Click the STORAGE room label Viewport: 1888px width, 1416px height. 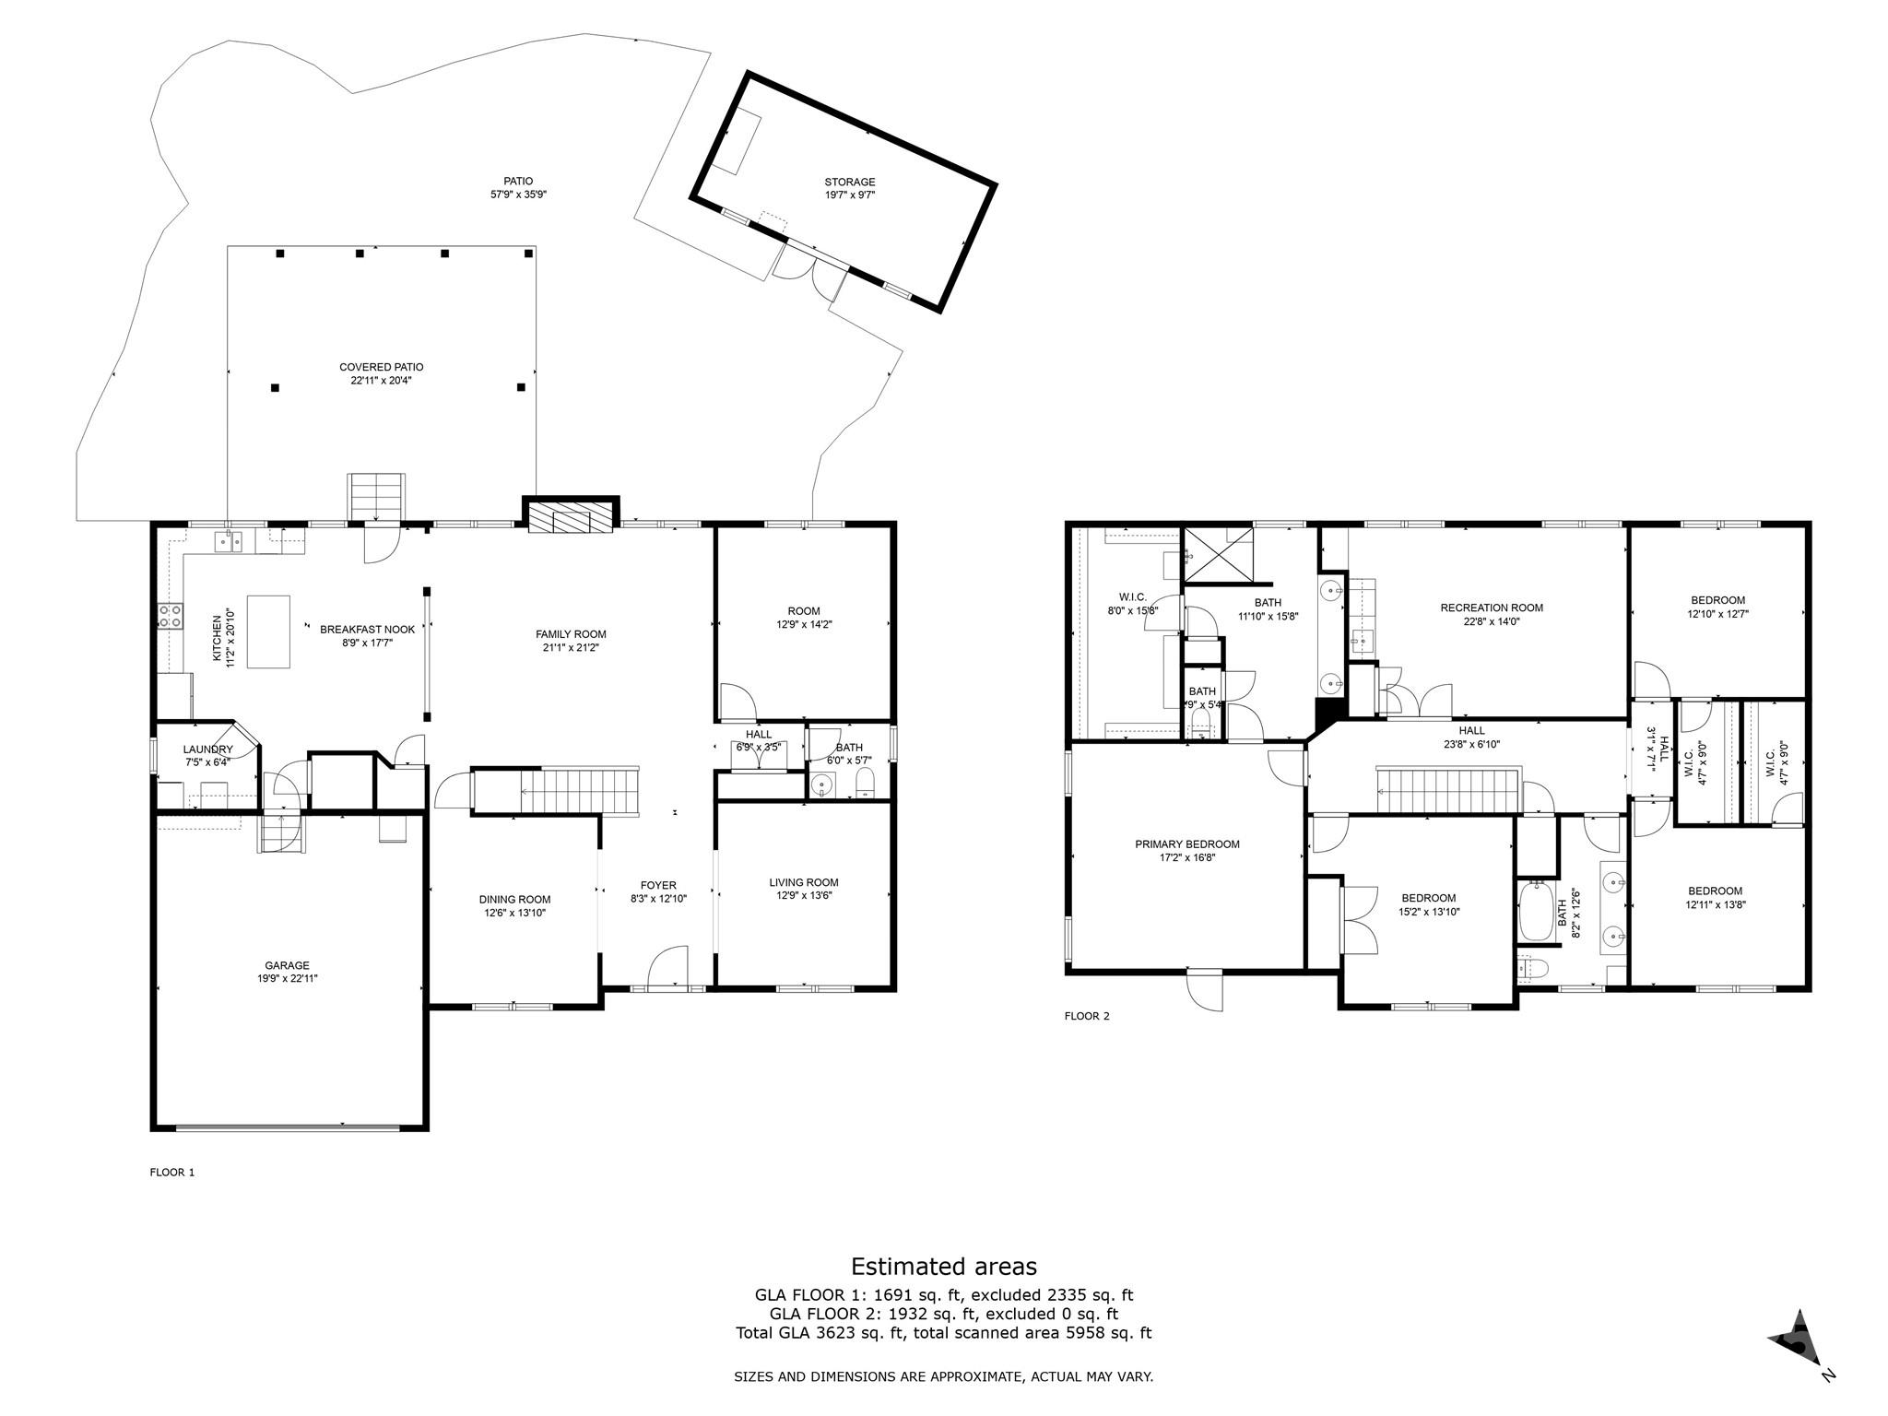849,183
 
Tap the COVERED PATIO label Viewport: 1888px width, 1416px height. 381,367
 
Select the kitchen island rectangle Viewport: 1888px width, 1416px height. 268,631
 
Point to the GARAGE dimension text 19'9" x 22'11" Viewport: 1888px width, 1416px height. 288,978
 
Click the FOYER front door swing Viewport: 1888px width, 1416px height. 668,968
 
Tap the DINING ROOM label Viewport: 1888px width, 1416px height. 514,900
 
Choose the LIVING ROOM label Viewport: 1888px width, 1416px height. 803,882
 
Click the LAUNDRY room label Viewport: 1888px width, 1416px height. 207,749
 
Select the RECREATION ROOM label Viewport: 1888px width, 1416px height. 1491,608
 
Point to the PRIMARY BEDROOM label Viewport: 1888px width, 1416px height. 1186,844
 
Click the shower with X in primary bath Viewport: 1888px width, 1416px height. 1218,555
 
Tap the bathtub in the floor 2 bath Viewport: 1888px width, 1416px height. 1535,911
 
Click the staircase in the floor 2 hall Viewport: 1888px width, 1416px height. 1445,791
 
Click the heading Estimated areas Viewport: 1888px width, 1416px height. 943,1266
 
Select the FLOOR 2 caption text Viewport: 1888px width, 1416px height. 1087,1016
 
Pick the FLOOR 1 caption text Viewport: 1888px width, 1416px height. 172,1173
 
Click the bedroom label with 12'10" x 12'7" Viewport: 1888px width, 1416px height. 1717,600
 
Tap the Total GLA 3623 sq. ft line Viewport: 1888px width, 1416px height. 943,1332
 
